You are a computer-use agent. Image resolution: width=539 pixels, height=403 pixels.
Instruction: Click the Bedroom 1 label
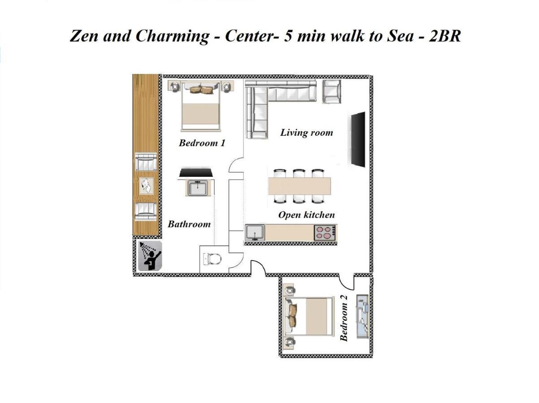[202, 143]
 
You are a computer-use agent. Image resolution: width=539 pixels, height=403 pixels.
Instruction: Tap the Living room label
[306, 133]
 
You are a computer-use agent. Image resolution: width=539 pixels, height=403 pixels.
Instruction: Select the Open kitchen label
[306, 215]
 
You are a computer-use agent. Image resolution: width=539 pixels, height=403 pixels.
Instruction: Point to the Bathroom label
[189, 224]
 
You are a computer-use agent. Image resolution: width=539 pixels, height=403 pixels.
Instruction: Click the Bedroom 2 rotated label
[344, 322]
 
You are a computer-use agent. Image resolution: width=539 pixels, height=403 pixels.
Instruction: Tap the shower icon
[149, 256]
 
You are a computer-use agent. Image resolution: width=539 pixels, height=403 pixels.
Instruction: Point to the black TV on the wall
[357, 139]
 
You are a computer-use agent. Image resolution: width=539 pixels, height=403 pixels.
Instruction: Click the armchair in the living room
[332, 91]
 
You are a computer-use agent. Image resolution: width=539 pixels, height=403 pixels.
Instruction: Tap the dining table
[300, 186]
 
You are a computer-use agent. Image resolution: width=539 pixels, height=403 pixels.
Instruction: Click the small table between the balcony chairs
[146, 185]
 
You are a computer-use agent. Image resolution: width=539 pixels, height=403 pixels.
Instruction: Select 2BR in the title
[444, 36]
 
